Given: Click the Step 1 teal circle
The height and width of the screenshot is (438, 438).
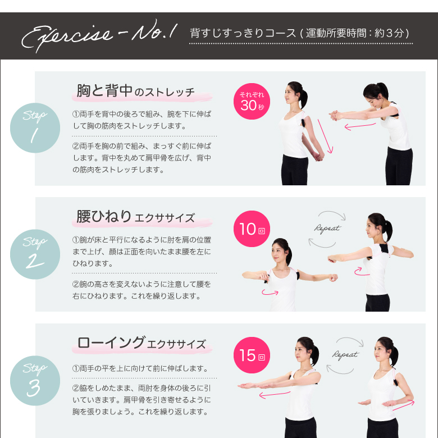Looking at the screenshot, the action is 35,128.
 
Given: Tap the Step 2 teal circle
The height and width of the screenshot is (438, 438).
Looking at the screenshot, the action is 35,254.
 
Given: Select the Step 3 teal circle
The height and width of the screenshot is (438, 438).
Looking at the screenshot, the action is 35,381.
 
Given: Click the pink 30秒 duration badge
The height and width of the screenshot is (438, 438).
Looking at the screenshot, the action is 252,102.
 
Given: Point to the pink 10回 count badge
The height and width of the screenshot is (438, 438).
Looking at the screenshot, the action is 252,229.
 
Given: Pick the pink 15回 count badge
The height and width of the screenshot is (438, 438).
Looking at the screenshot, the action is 252,355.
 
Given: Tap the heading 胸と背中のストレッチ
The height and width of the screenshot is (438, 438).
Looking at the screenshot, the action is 136,91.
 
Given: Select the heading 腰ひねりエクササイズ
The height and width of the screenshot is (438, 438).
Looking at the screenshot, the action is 136,217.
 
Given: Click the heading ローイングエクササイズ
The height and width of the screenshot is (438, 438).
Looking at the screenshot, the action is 142,343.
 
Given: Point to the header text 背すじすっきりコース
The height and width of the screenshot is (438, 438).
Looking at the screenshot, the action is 243,33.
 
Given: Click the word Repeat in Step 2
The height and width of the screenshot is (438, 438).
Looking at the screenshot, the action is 327,229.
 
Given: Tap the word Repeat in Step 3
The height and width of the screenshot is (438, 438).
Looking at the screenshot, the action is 345,355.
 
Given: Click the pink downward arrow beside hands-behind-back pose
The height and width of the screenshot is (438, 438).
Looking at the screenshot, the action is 326,136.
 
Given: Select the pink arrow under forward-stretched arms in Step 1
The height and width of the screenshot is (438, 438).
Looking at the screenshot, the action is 360,126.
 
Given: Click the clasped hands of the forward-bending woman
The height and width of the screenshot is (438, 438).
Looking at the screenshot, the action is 334,115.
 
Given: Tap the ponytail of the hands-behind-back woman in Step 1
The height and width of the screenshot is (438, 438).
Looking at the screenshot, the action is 303,98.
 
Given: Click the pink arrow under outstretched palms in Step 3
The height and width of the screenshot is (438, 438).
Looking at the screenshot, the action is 275,394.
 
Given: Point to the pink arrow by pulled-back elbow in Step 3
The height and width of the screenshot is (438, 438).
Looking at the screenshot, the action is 404,405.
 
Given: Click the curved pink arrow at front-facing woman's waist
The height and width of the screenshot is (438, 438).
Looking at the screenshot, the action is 270,292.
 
